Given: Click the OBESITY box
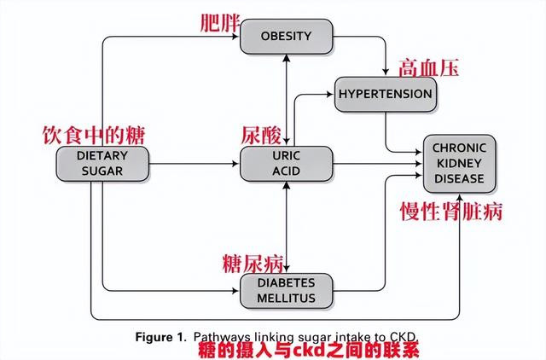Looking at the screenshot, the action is point(287,37).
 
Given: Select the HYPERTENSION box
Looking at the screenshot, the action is point(386,95).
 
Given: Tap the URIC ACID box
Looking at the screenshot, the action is point(287,164).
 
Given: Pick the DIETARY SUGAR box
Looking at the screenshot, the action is point(102,164).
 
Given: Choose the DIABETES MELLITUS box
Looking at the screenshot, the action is point(287,291).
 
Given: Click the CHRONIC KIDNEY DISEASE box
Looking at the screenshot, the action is point(459,164).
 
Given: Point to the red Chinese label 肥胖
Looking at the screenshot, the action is point(220,24).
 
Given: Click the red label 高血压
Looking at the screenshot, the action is point(428,68).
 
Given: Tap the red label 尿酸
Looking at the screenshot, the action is point(261,135).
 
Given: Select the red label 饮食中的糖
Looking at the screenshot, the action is point(93,135).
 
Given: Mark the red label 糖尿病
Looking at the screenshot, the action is point(253,264).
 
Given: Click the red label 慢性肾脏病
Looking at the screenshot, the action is point(451,212).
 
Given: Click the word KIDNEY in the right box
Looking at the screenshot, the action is point(459,163).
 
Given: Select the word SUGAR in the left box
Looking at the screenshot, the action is point(102,171).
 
